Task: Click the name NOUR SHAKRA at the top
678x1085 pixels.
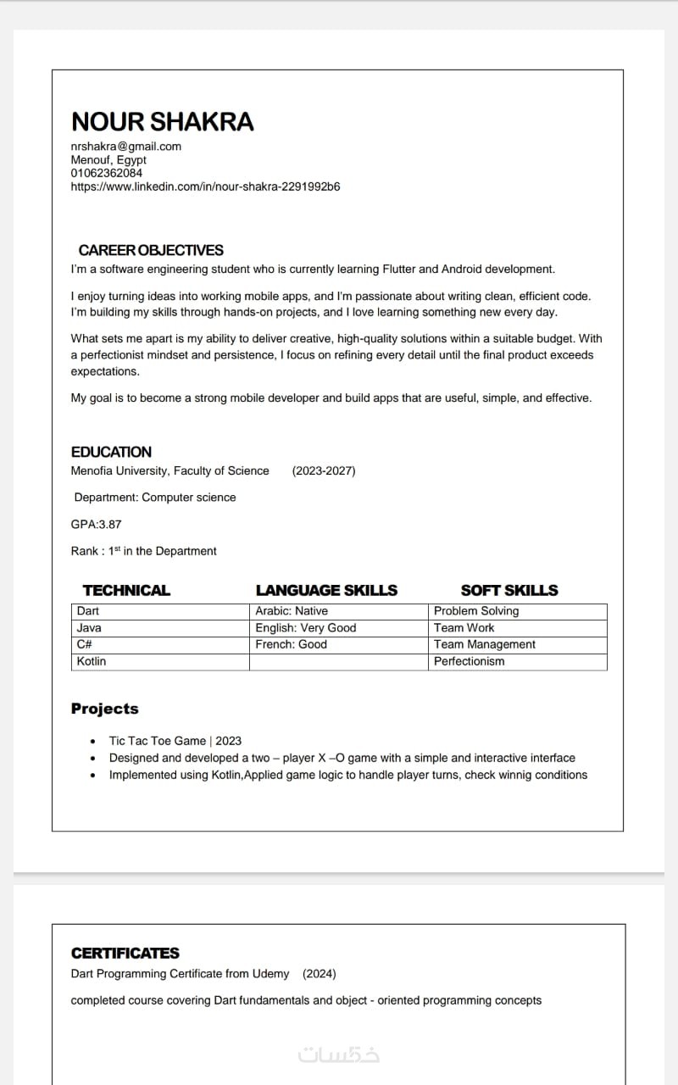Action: tap(162, 122)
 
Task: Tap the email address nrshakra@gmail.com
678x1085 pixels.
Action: tap(125, 146)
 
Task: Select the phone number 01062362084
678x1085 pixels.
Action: tap(107, 173)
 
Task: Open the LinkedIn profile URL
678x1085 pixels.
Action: tap(205, 186)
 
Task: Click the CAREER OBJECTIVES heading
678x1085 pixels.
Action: tap(151, 250)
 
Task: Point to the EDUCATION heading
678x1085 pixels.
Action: tap(111, 452)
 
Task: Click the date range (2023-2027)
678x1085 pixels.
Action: tap(324, 470)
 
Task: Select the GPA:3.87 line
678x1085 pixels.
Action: tap(96, 524)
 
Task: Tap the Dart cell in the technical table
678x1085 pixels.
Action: tap(88, 610)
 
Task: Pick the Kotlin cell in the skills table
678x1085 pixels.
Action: tap(92, 661)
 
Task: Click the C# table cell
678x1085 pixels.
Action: tap(84, 644)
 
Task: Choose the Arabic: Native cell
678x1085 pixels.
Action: tap(292, 610)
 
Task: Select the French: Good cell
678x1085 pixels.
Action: tap(291, 644)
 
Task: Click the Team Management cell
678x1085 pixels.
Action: tap(485, 644)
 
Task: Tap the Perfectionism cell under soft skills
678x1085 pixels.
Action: tap(469, 661)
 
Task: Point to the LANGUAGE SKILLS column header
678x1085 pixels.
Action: tap(326, 590)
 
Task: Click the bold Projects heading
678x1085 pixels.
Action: tap(104, 709)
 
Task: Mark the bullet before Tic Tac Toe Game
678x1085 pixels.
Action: tap(92, 742)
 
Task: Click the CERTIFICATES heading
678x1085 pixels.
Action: tap(125, 953)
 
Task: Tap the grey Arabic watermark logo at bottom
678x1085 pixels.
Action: tap(339, 1054)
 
